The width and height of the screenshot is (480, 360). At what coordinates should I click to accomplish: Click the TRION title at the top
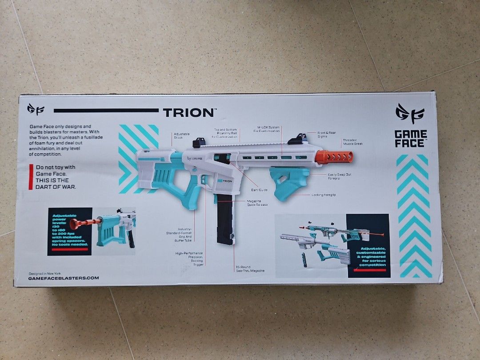[188, 112]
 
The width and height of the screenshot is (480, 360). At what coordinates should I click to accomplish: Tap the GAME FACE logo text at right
[411, 139]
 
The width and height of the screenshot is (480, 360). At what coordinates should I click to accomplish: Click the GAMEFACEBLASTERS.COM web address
[63, 278]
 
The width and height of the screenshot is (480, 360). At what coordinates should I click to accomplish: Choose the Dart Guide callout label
[259, 190]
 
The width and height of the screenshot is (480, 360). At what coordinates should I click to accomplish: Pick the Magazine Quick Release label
[257, 203]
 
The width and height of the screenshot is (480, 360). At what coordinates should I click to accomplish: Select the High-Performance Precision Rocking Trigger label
[189, 259]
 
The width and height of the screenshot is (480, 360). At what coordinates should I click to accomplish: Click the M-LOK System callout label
[267, 129]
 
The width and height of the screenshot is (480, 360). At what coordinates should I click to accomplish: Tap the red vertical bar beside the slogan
[31, 177]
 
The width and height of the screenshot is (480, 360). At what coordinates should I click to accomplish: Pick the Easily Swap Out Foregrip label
[339, 176]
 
